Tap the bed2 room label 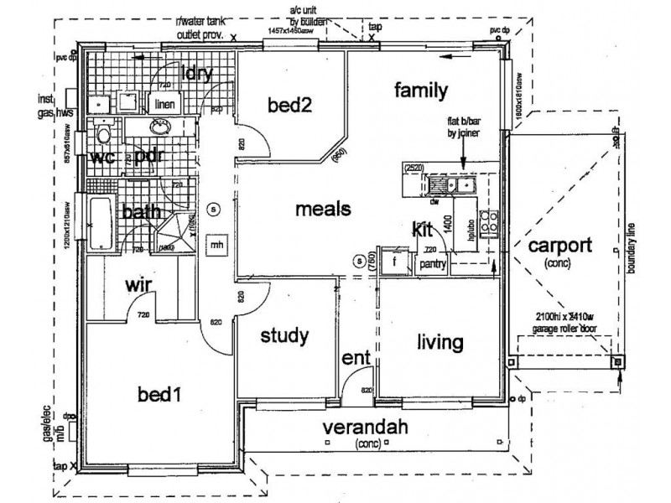[x=289, y=105]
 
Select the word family [x=421, y=91]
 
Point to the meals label [x=322, y=210]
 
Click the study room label [x=285, y=337]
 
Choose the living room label [x=440, y=342]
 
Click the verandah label [x=368, y=428]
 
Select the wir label [x=138, y=287]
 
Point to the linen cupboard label [x=162, y=104]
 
